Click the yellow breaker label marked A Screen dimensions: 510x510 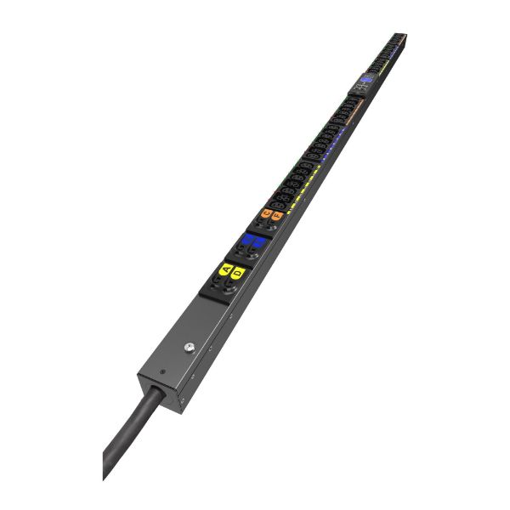click(x=226, y=269)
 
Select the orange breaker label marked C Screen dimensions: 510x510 click(x=266, y=213)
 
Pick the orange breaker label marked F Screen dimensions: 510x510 click(x=277, y=217)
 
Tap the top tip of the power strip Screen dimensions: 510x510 click(x=400, y=35)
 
